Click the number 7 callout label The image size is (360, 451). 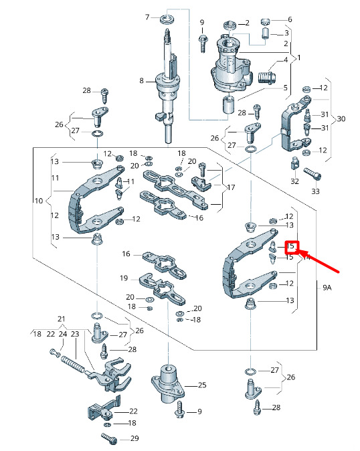(x=147, y=17)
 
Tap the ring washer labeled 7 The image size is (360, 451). (x=167, y=19)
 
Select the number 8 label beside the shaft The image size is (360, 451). (x=141, y=81)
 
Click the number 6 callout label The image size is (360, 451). (x=290, y=19)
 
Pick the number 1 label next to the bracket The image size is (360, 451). (x=299, y=58)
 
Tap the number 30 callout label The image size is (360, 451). (x=341, y=119)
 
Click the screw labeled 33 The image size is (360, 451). (x=312, y=174)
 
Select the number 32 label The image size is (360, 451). (x=294, y=181)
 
